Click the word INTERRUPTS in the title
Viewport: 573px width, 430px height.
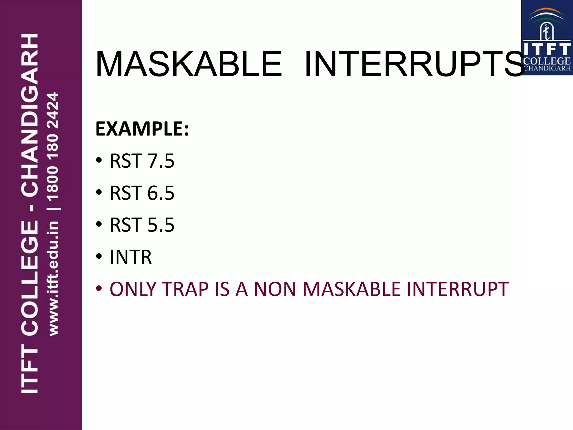pyautogui.click(x=414, y=64)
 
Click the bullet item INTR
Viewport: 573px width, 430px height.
pyautogui.click(x=131, y=257)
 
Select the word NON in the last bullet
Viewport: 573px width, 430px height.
pyautogui.click(x=275, y=289)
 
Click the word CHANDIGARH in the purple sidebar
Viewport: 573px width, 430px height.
pyautogui.click(x=30, y=115)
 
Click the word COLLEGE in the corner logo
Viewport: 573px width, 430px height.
pyautogui.click(x=547, y=61)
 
